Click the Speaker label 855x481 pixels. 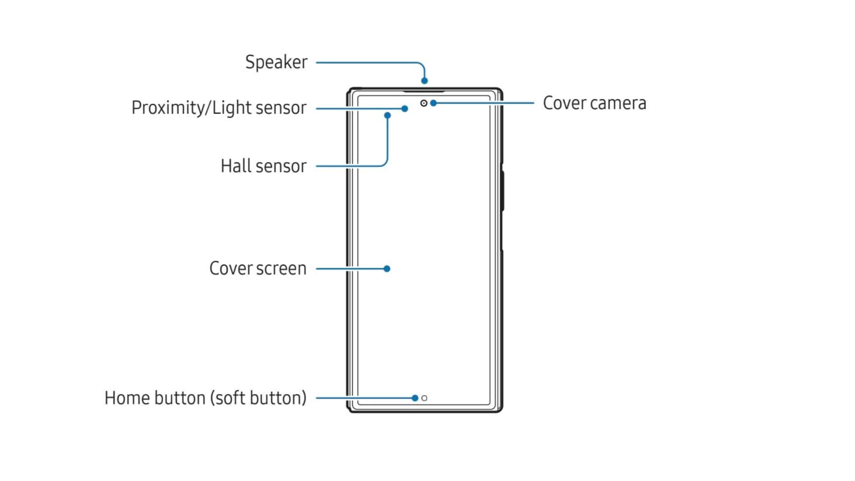276,62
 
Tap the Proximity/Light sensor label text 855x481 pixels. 219,108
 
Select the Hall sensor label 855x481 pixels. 264,166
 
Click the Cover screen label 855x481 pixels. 258,269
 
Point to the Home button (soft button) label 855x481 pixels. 205,398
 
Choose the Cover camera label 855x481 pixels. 594,103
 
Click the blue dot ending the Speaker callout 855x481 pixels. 424,81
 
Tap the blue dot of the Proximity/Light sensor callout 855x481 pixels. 404,109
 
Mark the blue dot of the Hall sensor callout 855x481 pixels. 387,115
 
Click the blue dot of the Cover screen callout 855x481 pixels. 387,269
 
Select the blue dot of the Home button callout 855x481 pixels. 415,398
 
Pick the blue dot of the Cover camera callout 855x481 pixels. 433,103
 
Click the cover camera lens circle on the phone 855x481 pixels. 423,103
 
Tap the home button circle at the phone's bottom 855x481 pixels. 424,398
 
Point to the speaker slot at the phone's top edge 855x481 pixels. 424,92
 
